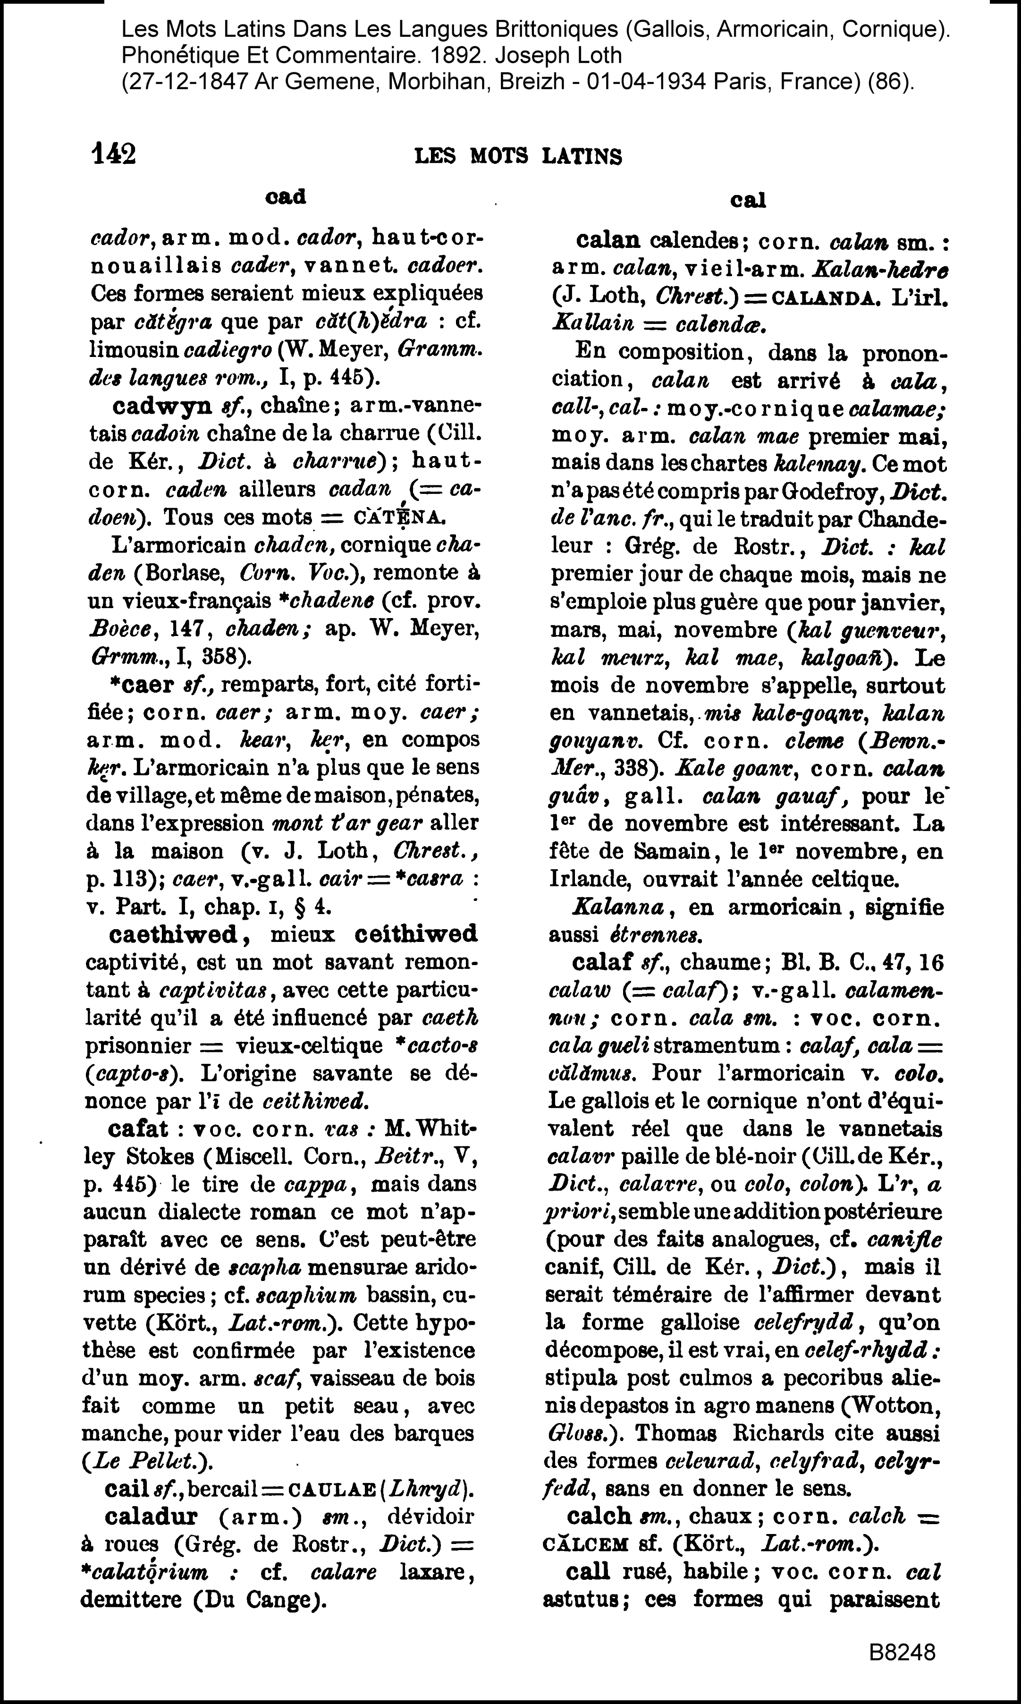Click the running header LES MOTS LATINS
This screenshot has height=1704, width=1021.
518,157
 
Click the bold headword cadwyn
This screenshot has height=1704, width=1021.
161,406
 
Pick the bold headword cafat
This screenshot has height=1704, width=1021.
138,1129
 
